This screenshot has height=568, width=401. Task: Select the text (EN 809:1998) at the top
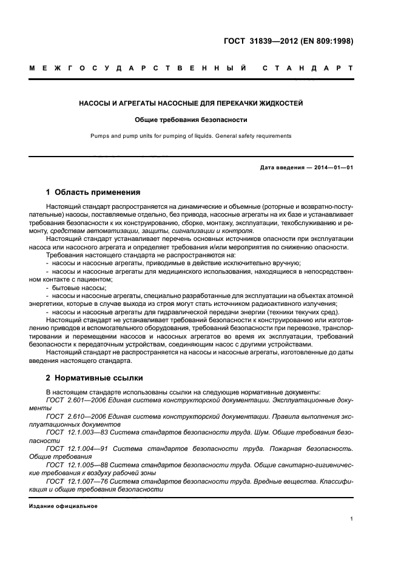click(328, 41)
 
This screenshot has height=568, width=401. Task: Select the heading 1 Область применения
click(93, 192)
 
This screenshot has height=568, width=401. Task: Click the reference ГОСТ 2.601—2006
click(69, 401)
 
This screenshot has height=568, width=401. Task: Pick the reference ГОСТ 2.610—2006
click(69, 416)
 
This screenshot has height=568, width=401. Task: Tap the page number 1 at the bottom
click(352, 519)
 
